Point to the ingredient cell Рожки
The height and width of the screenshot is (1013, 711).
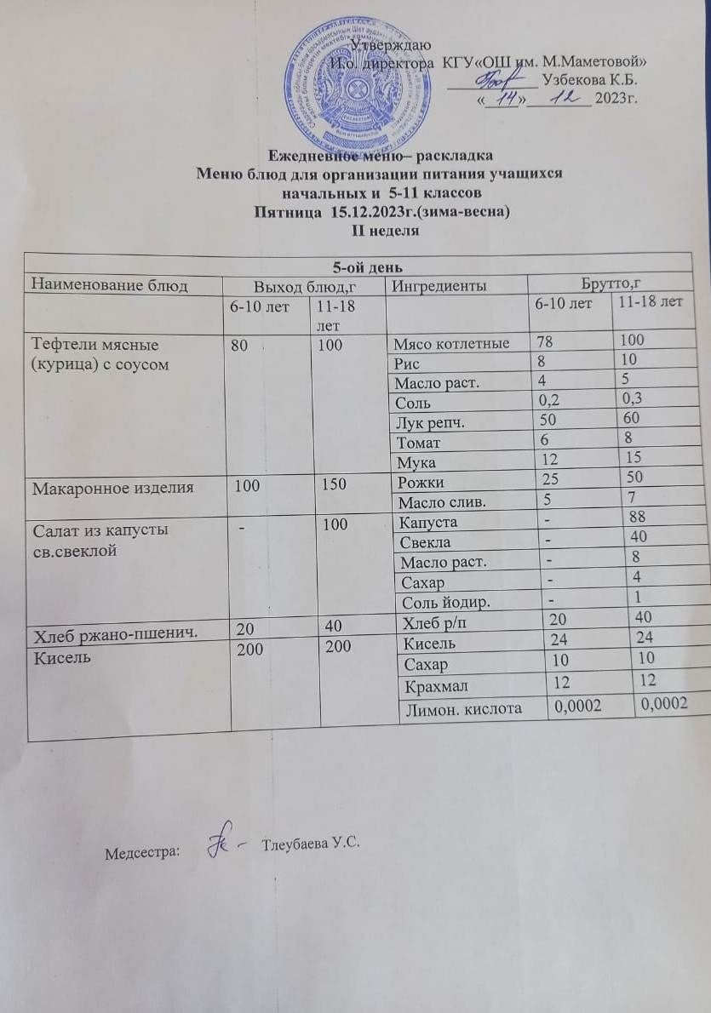[421, 483]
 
